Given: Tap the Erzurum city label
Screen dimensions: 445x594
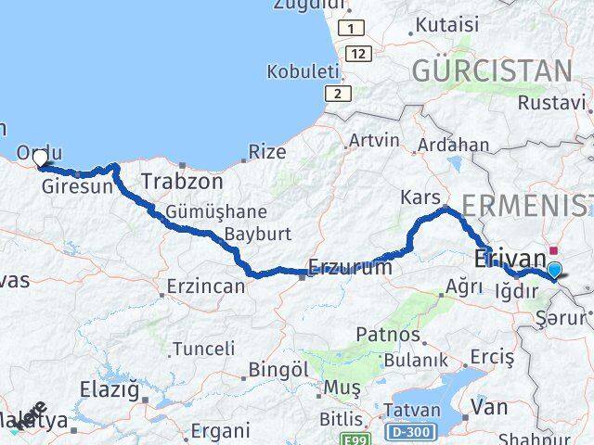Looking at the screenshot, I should pos(352,267).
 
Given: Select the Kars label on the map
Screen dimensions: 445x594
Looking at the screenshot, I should pos(418,197).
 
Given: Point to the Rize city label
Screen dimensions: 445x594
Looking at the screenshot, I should pos(267,150).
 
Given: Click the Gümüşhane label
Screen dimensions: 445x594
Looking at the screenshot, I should pos(216,211).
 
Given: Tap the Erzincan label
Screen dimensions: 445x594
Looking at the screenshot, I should pos(206,287).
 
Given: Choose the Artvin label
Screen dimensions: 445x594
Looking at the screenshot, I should pos(373,142).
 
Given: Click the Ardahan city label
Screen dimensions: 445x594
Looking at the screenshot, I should pos(453,145).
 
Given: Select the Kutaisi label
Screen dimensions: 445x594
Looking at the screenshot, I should pos(447,25).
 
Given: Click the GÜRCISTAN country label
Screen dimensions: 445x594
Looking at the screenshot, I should pos(491,70).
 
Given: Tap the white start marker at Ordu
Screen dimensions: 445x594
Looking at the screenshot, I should pos(40,159).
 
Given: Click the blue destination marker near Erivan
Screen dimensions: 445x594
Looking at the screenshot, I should pos(555,271).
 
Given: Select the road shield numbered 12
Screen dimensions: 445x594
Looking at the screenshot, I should pos(359,55).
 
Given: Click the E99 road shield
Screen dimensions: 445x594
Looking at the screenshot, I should pos(355,439).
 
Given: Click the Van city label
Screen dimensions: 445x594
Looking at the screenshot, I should pos(488,406).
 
